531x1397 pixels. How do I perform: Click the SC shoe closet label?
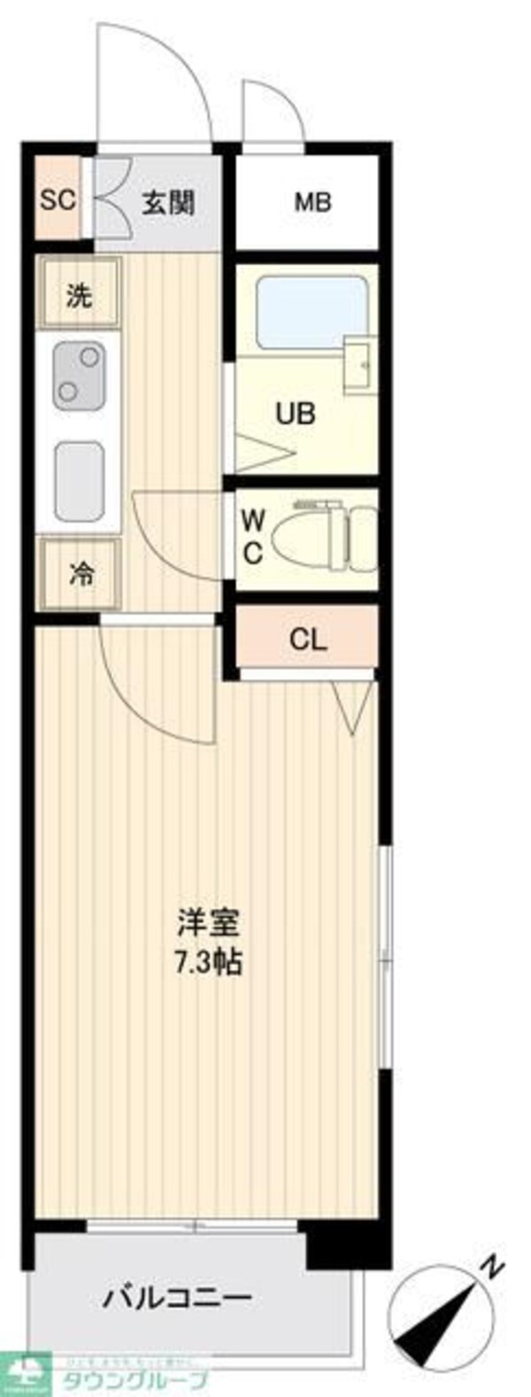point(58,199)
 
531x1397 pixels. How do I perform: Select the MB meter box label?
point(312,202)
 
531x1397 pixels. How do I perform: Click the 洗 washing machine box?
point(79,295)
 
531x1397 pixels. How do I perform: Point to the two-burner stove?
point(79,375)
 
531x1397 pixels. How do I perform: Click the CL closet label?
point(309,639)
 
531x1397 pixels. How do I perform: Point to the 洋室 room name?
point(209,925)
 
